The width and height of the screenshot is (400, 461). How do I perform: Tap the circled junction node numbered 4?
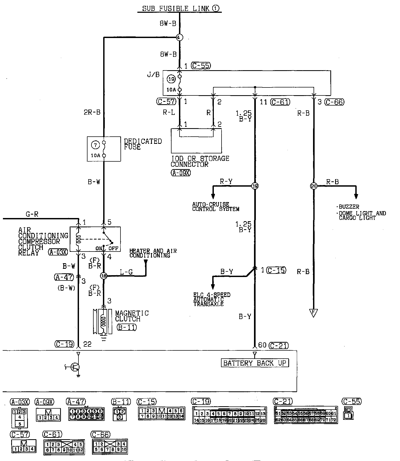tap(179, 37)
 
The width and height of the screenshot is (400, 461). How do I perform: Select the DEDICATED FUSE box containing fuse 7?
tap(104, 149)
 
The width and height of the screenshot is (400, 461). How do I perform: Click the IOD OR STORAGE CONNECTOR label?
tap(200, 161)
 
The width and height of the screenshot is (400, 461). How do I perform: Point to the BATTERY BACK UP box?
tap(255, 363)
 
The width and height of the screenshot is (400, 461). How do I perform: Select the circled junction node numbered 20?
tap(314, 186)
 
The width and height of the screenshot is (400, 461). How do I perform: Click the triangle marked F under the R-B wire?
tap(314, 313)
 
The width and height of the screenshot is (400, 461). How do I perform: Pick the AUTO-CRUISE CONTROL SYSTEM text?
tap(216, 207)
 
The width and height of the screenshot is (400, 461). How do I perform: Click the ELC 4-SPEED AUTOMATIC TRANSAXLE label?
tap(212, 299)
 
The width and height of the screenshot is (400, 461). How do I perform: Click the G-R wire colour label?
tap(32, 214)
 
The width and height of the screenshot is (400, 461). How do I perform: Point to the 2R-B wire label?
tap(92, 112)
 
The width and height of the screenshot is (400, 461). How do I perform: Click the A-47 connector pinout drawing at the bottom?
tap(86, 414)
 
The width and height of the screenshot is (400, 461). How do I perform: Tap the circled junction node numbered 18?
tap(103, 276)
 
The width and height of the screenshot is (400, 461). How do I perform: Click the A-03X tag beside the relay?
tap(58, 252)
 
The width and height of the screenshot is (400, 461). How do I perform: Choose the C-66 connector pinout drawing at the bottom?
tap(110, 447)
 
